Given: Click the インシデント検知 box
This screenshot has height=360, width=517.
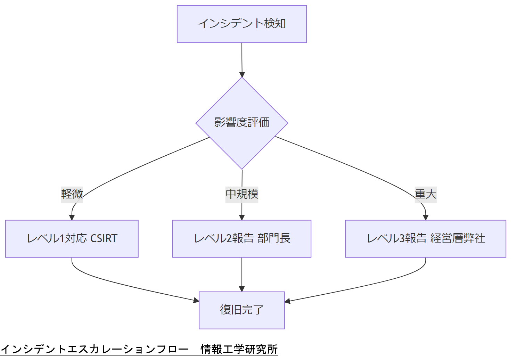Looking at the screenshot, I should click(x=241, y=24).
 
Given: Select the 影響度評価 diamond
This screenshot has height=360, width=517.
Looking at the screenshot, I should click(x=241, y=123).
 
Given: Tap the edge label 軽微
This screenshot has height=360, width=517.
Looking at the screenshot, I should click(x=72, y=194).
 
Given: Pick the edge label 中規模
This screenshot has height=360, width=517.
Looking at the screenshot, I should click(x=242, y=194).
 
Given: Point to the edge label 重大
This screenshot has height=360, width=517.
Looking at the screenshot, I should click(x=425, y=194).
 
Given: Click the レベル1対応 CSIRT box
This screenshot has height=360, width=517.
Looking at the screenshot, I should click(x=72, y=239).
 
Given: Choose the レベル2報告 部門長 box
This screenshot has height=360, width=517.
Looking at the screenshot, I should click(x=241, y=239).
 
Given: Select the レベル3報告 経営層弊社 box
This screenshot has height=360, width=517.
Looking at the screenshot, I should click(x=425, y=239).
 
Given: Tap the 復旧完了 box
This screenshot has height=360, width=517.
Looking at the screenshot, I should click(x=241, y=310).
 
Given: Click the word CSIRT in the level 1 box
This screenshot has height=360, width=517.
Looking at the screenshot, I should click(x=104, y=239).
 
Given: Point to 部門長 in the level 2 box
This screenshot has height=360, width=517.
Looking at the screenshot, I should click(x=274, y=238).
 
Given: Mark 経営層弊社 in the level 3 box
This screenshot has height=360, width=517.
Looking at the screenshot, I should click(x=458, y=238).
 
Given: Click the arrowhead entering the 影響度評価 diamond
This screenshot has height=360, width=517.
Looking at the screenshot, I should click(x=242, y=74).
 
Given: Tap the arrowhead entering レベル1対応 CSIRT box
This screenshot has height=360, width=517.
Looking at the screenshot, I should click(x=72, y=218).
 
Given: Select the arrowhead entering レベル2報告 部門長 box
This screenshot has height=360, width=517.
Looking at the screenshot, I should click(x=242, y=218).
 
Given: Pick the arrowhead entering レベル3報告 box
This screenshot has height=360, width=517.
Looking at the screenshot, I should click(x=426, y=218).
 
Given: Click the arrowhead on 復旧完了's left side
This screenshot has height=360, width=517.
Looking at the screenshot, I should click(x=196, y=300).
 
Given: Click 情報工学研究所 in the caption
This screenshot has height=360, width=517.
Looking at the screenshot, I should click(x=239, y=349).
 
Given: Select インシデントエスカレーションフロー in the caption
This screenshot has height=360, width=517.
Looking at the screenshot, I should click(x=95, y=349).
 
